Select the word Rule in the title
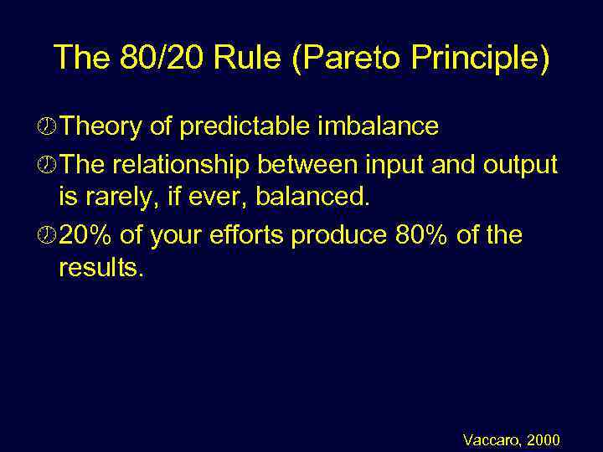240,58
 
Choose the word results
100,269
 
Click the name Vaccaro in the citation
491,439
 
